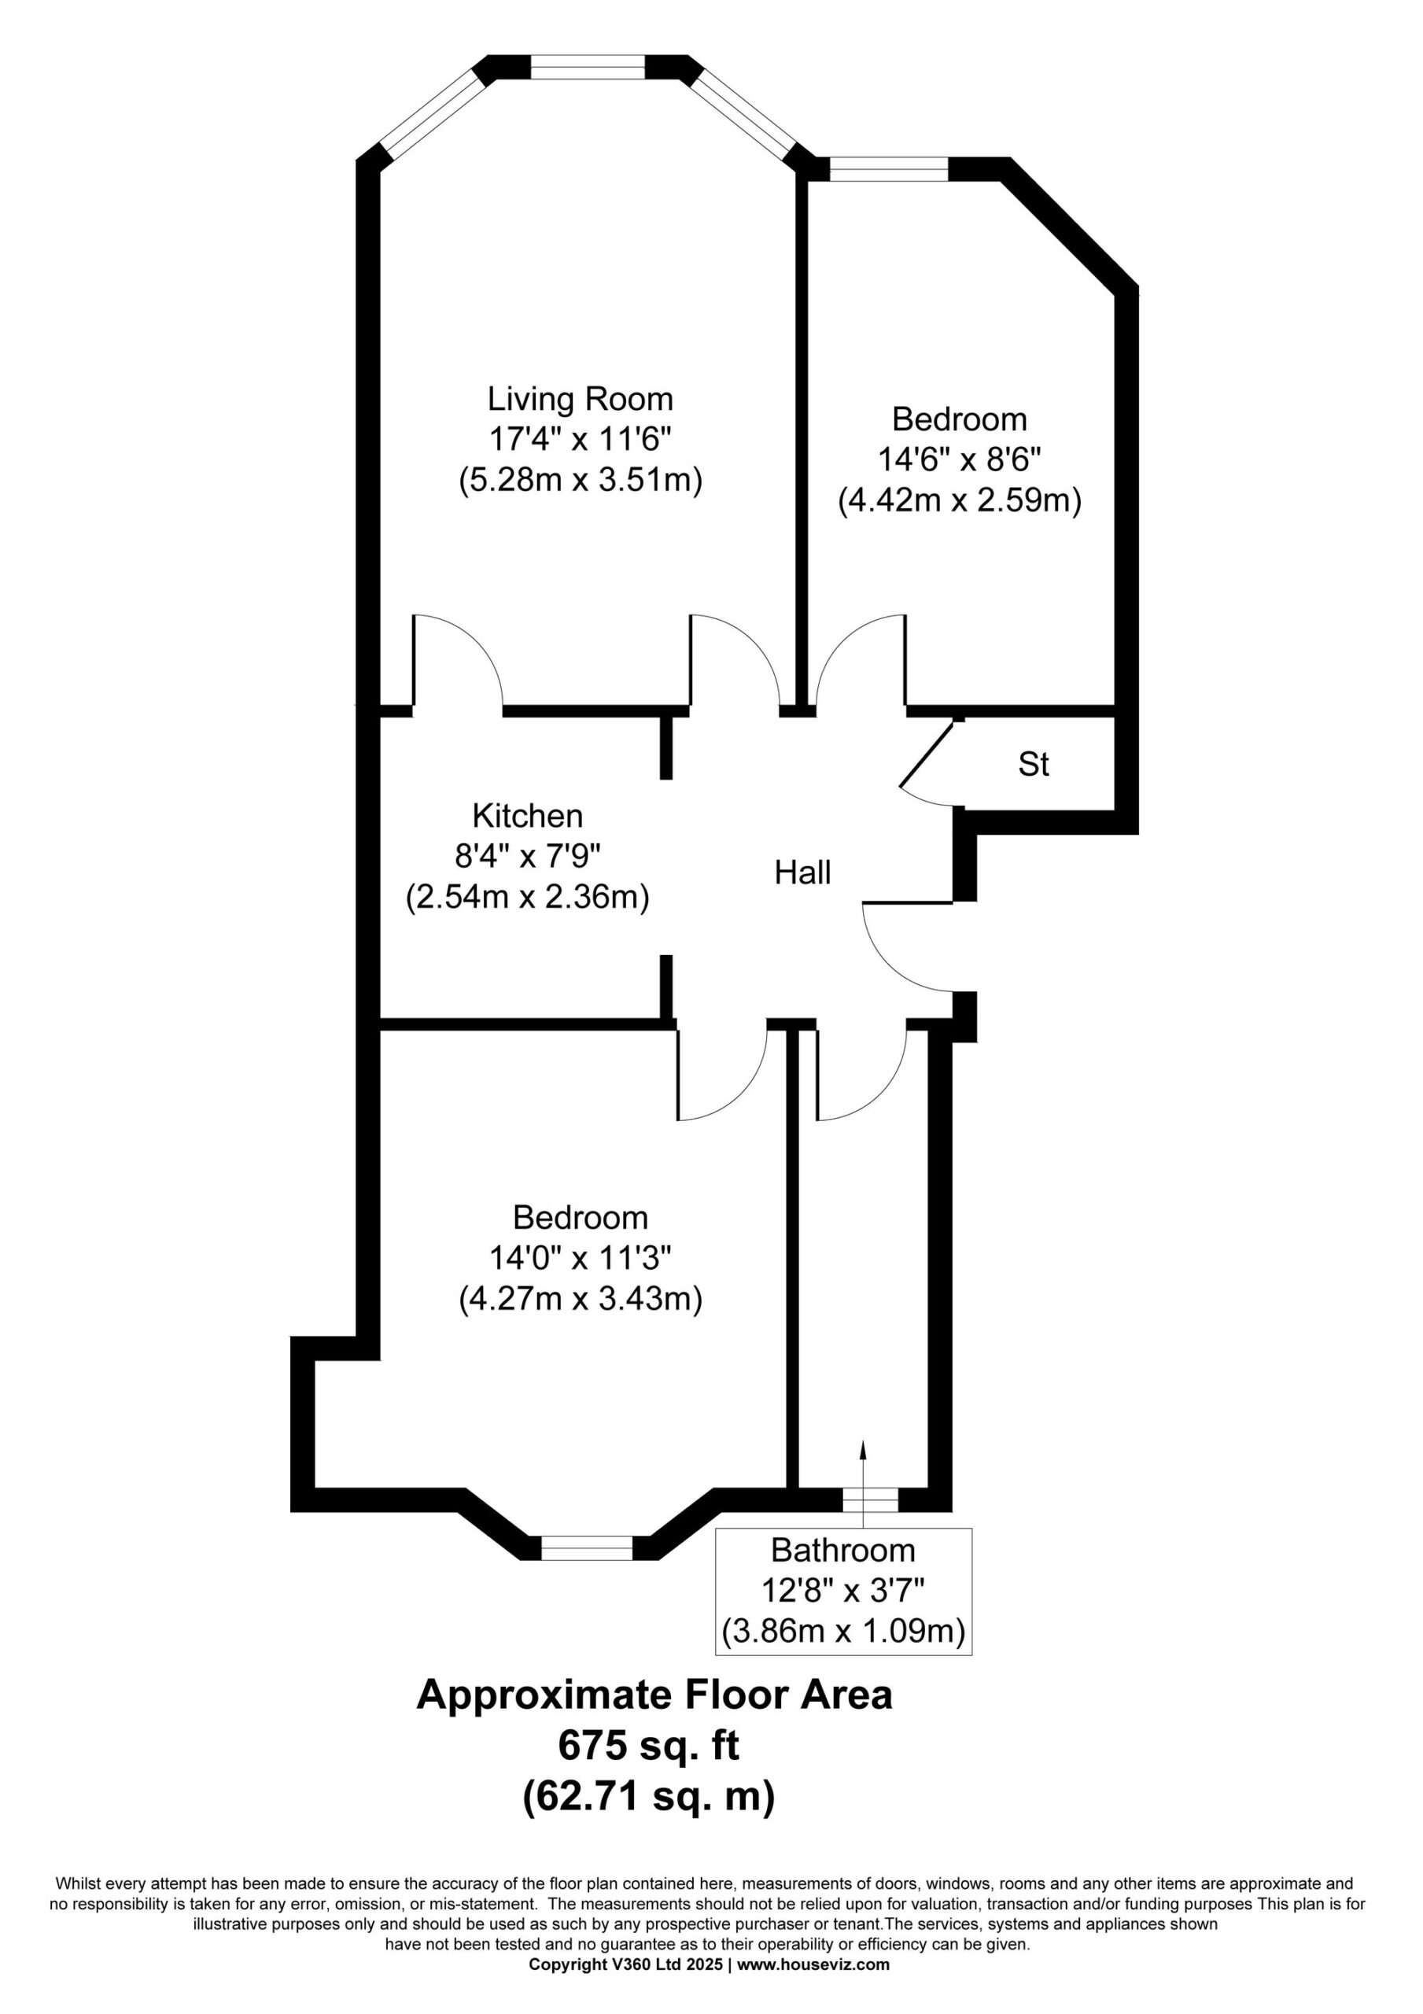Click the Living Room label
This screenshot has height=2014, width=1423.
tap(580, 400)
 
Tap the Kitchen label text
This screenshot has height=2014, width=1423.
tap(527, 816)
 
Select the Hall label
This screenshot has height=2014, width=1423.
tap(802, 872)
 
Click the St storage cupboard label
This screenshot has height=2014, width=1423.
tap(1034, 764)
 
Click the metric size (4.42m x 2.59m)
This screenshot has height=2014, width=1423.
tap(959, 501)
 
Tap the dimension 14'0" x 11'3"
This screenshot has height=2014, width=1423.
tap(580, 1258)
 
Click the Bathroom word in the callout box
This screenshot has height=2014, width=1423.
tap(842, 1550)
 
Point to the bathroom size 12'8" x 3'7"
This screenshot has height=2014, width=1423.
tap(842, 1590)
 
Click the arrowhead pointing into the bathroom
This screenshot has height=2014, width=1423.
tap(862, 1448)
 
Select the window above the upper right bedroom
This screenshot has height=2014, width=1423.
tap(888, 168)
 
